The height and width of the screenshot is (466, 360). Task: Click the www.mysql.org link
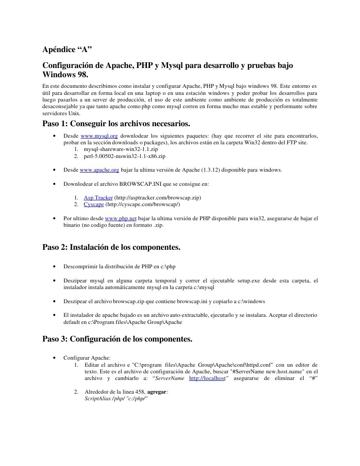[99, 136]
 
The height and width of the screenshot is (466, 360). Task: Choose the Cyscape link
[94, 204]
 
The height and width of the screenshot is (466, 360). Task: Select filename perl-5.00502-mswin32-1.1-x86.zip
[124, 156]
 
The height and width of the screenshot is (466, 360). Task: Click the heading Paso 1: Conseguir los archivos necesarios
[116, 123]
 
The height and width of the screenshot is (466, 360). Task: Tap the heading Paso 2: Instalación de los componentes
[111, 247]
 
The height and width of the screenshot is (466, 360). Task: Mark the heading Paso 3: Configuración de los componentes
[117, 339]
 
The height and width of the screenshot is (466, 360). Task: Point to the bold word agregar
[157, 391]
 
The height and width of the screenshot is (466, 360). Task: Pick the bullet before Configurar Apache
[54, 358]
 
